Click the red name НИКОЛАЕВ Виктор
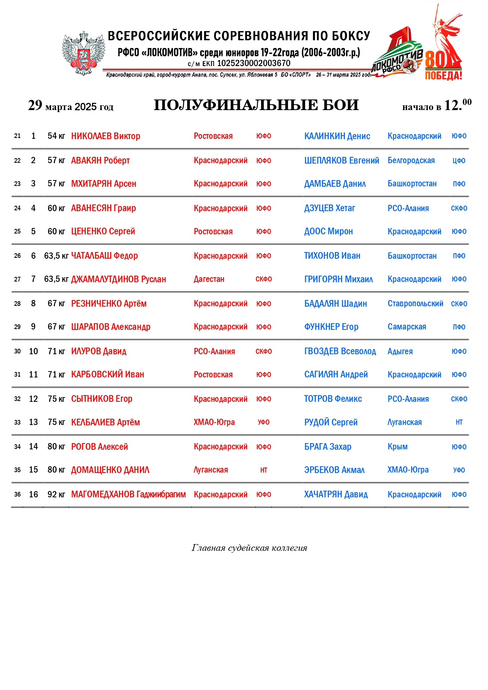click(105, 136)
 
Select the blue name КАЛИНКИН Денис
click(337, 136)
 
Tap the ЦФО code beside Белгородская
click(459, 160)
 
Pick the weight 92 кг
click(56, 494)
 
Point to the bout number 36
click(17, 494)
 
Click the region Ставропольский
click(415, 304)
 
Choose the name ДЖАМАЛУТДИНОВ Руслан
click(118, 279)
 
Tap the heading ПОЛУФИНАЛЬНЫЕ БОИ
click(256, 105)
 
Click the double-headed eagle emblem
click(83, 53)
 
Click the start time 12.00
click(457, 105)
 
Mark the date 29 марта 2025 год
click(71, 106)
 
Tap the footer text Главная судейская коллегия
click(249, 548)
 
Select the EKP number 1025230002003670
click(254, 63)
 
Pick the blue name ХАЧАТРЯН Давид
click(336, 494)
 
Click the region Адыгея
click(400, 351)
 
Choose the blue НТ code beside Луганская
click(459, 422)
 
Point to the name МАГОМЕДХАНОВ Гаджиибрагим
click(128, 494)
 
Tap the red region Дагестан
click(209, 279)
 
